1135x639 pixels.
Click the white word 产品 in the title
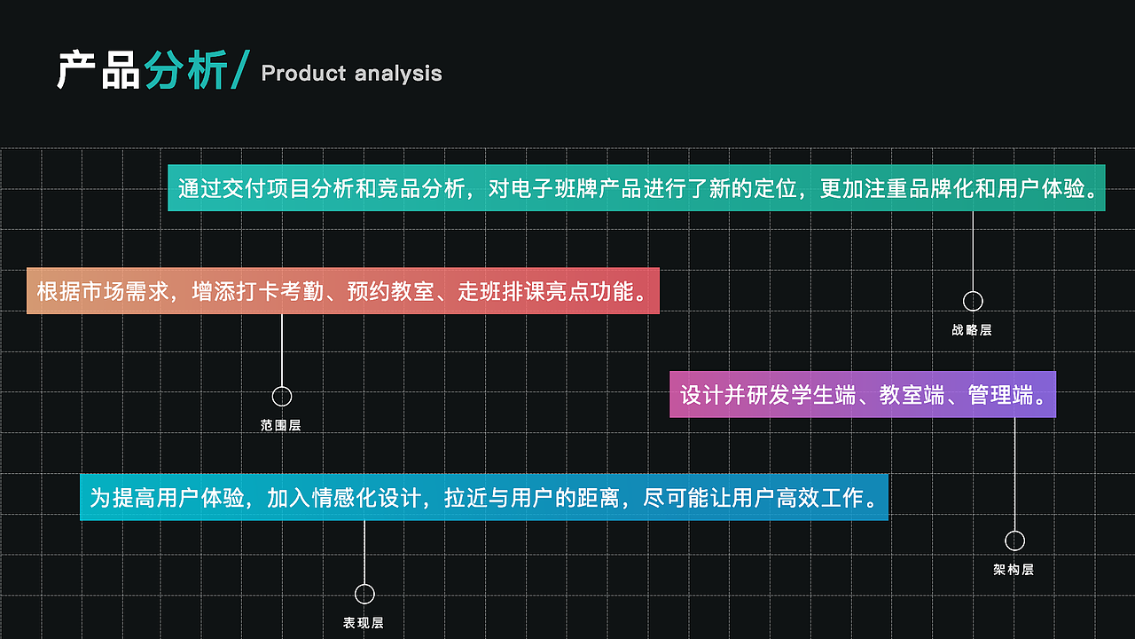tap(98, 71)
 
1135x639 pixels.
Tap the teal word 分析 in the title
tap(185, 71)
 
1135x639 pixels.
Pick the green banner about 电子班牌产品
tap(636, 188)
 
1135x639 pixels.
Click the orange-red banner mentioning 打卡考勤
tap(343, 291)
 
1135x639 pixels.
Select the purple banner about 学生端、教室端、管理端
tap(862, 394)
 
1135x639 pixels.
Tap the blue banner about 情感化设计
tap(483, 497)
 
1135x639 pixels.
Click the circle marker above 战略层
tap(973, 301)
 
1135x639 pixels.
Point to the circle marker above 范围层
tap(282, 397)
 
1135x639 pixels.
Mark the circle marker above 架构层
tap(1014, 540)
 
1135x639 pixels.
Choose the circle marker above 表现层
tap(364, 594)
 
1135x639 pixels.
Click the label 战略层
tap(972, 330)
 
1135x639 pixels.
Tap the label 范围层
tap(281, 426)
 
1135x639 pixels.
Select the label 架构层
tap(1014, 570)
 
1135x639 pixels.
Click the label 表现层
tap(364, 623)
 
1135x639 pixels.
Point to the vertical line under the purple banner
tap(1014, 474)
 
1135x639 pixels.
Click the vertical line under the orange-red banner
tap(282, 351)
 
